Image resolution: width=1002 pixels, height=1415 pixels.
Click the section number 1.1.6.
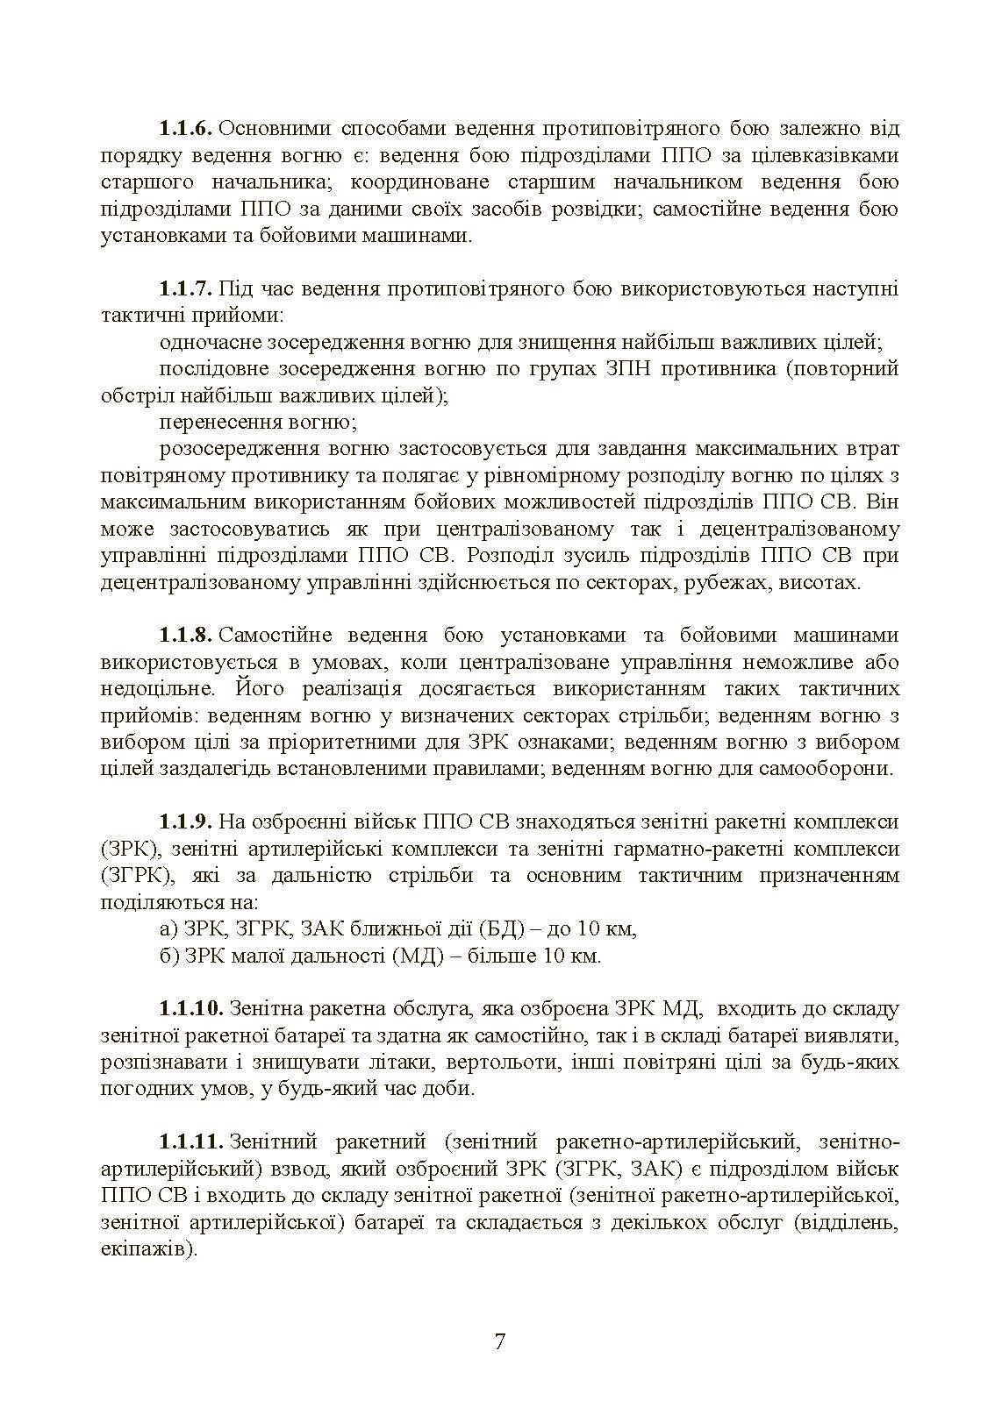(186, 129)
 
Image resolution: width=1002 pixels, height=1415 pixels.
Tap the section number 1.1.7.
(186, 288)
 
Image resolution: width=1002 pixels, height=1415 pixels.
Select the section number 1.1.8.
(186, 635)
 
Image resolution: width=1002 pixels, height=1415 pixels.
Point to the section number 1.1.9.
(186, 822)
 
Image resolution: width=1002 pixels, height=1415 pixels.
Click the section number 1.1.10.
(192, 1009)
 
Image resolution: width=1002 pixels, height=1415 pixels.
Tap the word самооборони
(830, 769)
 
